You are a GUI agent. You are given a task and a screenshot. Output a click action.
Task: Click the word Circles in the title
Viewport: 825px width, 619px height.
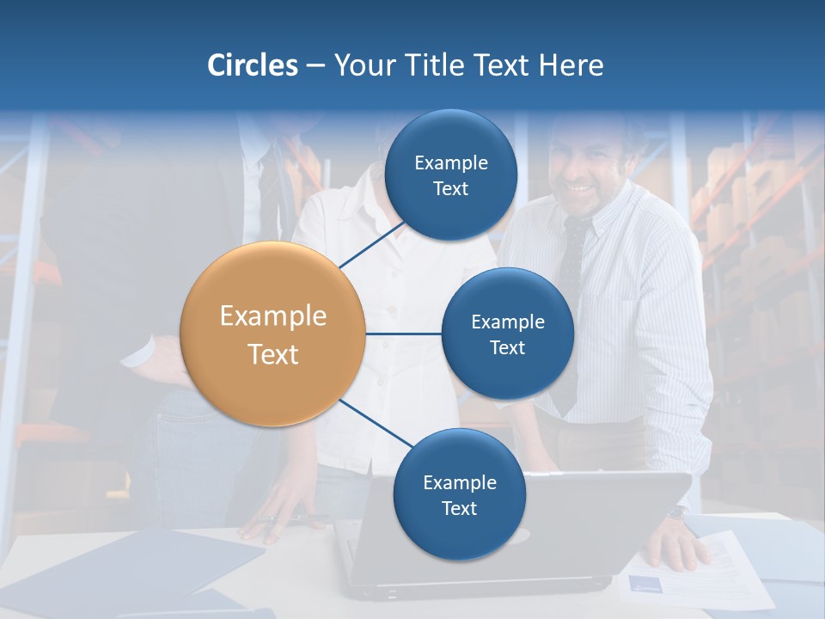click(253, 65)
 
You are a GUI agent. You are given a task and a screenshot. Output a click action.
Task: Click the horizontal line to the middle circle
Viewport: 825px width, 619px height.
click(403, 334)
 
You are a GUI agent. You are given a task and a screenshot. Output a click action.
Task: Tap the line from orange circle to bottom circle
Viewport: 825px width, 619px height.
click(376, 423)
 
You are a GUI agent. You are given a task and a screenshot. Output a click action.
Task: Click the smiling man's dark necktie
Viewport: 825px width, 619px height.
click(571, 284)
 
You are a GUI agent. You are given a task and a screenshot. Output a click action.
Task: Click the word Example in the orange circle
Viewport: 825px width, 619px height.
click(272, 316)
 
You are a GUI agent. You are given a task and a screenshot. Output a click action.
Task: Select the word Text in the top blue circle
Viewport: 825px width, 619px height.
click(450, 189)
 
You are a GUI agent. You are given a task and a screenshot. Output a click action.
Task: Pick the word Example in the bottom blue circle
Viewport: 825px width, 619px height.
click(459, 483)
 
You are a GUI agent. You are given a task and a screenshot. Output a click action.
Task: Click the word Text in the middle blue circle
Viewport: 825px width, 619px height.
click(507, 348)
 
